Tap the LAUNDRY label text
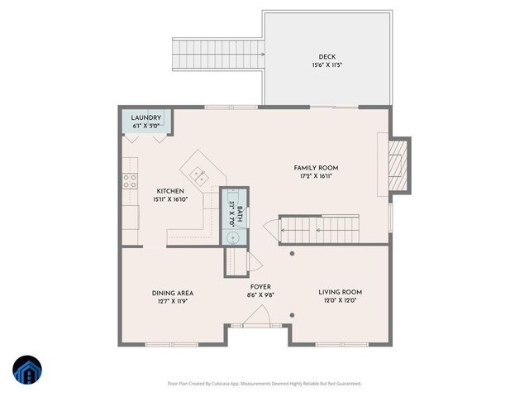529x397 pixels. pyautogui.click(x=146, y=118)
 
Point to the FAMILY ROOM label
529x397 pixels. pyautogui.click(x=317, y=168)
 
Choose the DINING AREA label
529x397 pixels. pyautogui.click(x=172, y=292)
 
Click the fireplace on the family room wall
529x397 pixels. pyautogui.click(x=399, y=164)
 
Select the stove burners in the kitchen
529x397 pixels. pyautogui.click(x=130, y=182)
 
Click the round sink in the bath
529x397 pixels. pyautogui.click(x=234, y=237)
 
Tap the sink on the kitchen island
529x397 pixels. pyautogui.click(x=198, y=175)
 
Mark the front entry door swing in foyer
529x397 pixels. pyautogui.click(x=259, y=317)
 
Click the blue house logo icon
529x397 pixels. pyautogui.click(x=26, y=371)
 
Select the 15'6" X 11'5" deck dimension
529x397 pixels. pyautogui.click(x=327, y=65)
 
